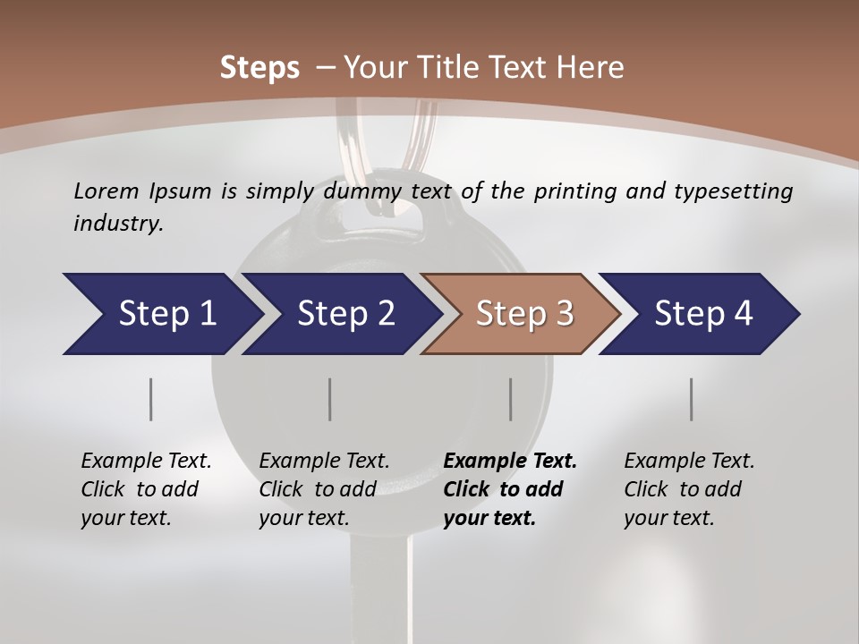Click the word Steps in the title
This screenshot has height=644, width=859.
(259, 67)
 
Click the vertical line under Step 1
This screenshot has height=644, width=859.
(150, 399)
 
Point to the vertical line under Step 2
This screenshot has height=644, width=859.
(329, 399)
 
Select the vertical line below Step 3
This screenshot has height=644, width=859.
(510, 399)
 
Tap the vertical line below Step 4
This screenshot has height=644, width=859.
(691, 399)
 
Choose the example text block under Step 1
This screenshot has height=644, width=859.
(146, 488)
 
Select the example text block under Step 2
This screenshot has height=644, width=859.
(324, 488)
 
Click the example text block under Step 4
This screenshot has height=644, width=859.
(689, 488)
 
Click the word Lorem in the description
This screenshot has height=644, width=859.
(106, 191)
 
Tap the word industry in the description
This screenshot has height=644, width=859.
(118, 223)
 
